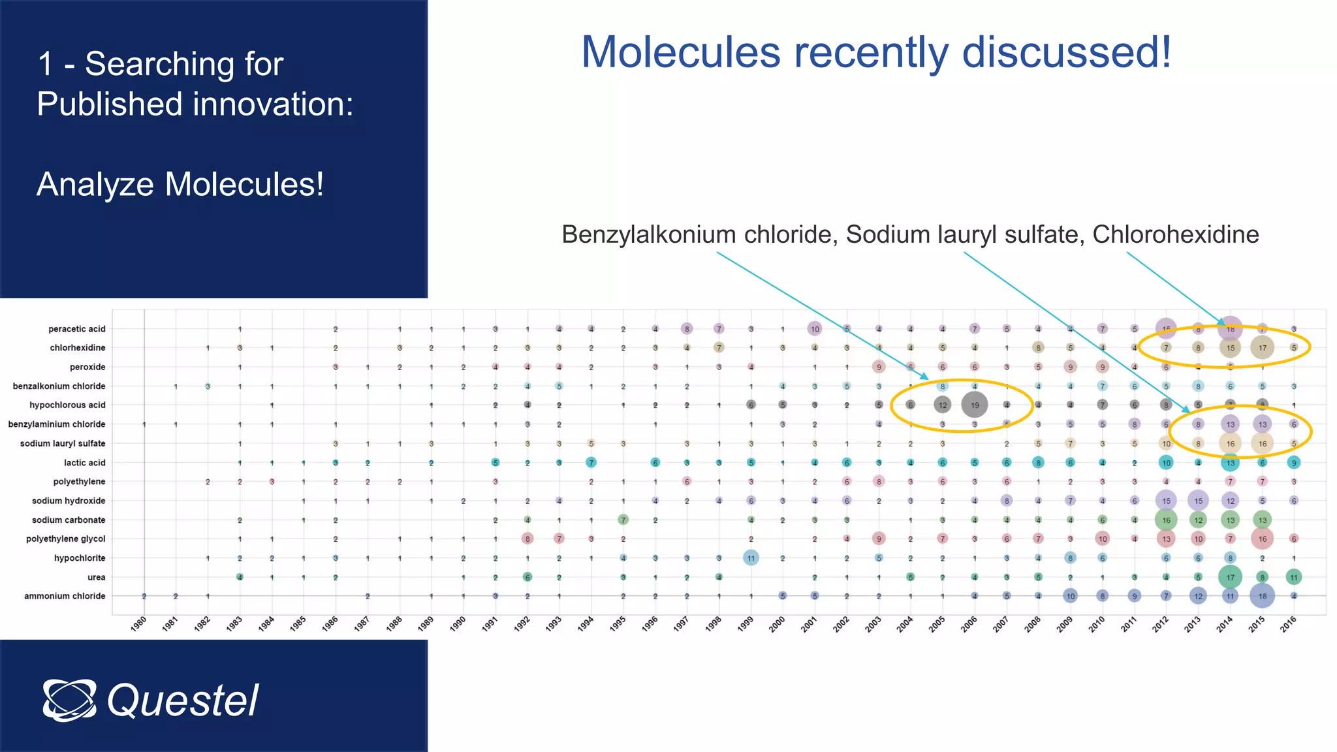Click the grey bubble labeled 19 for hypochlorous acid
click(x=974, y=405)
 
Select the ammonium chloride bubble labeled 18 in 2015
click(x=1262, y=596)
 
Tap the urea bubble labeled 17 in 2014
click(x=1230, y=577)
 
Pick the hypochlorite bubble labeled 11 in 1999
click(x=751, y=558)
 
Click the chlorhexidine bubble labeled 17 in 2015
click(x=1262, y=348)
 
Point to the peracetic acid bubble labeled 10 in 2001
click(x=815, y=329)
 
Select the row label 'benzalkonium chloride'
click(x=59, y=386)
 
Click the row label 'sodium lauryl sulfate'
click(x=63, y=443)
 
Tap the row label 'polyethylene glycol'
click(x=65, y=539)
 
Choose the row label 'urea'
click(x=96, y=577)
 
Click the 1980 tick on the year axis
click(x=138, y=623)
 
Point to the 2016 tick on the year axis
click(x=1289, y=623)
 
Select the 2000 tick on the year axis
click(x=777, y=623)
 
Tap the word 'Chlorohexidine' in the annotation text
click(x=1175, y=234)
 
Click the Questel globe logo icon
click(x=69, y=700)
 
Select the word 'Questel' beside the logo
click(x=183, y=700)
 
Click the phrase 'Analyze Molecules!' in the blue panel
click(x=180, y=184)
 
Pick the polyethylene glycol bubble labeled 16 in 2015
click(x=1262, y=539)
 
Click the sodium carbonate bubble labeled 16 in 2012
click(x=1166, y=520)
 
